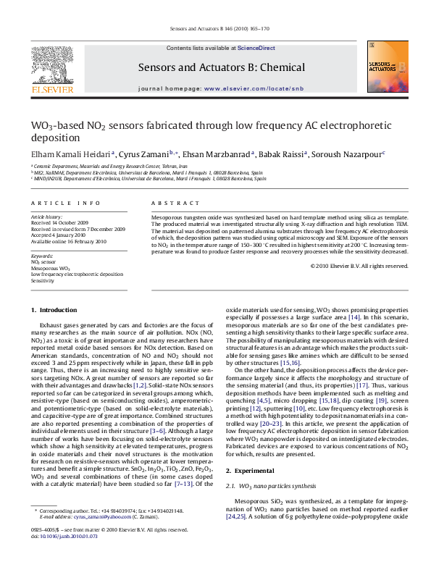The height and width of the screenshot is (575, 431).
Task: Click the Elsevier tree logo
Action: click(51, 70)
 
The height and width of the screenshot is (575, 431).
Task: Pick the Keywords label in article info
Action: click(41, 256)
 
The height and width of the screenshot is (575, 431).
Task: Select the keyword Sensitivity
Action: click(43, 280)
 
